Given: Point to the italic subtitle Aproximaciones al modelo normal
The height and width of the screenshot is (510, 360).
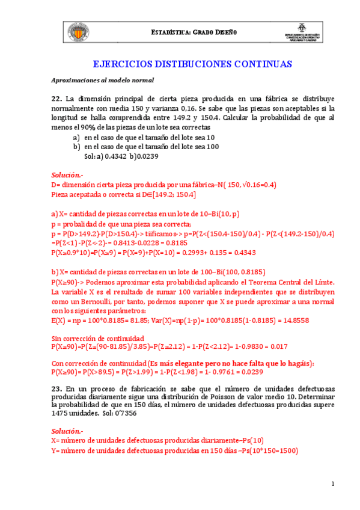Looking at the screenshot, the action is (103, 80).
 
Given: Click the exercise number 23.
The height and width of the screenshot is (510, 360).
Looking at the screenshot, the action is (56, 390).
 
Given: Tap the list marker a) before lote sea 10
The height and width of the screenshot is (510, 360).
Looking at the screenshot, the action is (76, 137).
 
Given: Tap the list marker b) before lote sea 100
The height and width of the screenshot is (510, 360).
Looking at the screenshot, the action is (76, 146).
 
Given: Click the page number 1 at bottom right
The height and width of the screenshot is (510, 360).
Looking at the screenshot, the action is (332, 485).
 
